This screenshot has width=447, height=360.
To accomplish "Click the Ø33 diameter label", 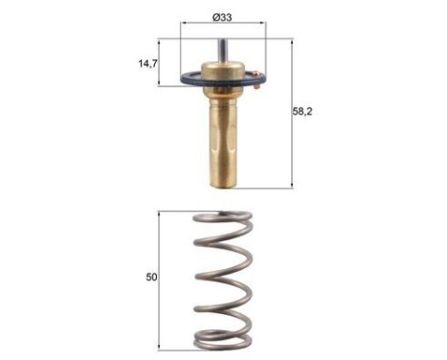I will [223, 16].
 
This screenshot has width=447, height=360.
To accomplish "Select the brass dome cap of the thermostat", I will [222, 72].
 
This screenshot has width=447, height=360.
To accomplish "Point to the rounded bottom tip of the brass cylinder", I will [222, 183].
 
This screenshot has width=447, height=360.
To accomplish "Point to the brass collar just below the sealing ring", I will [222, 96].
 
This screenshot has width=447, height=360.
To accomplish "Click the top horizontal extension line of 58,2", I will [258, 39].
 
